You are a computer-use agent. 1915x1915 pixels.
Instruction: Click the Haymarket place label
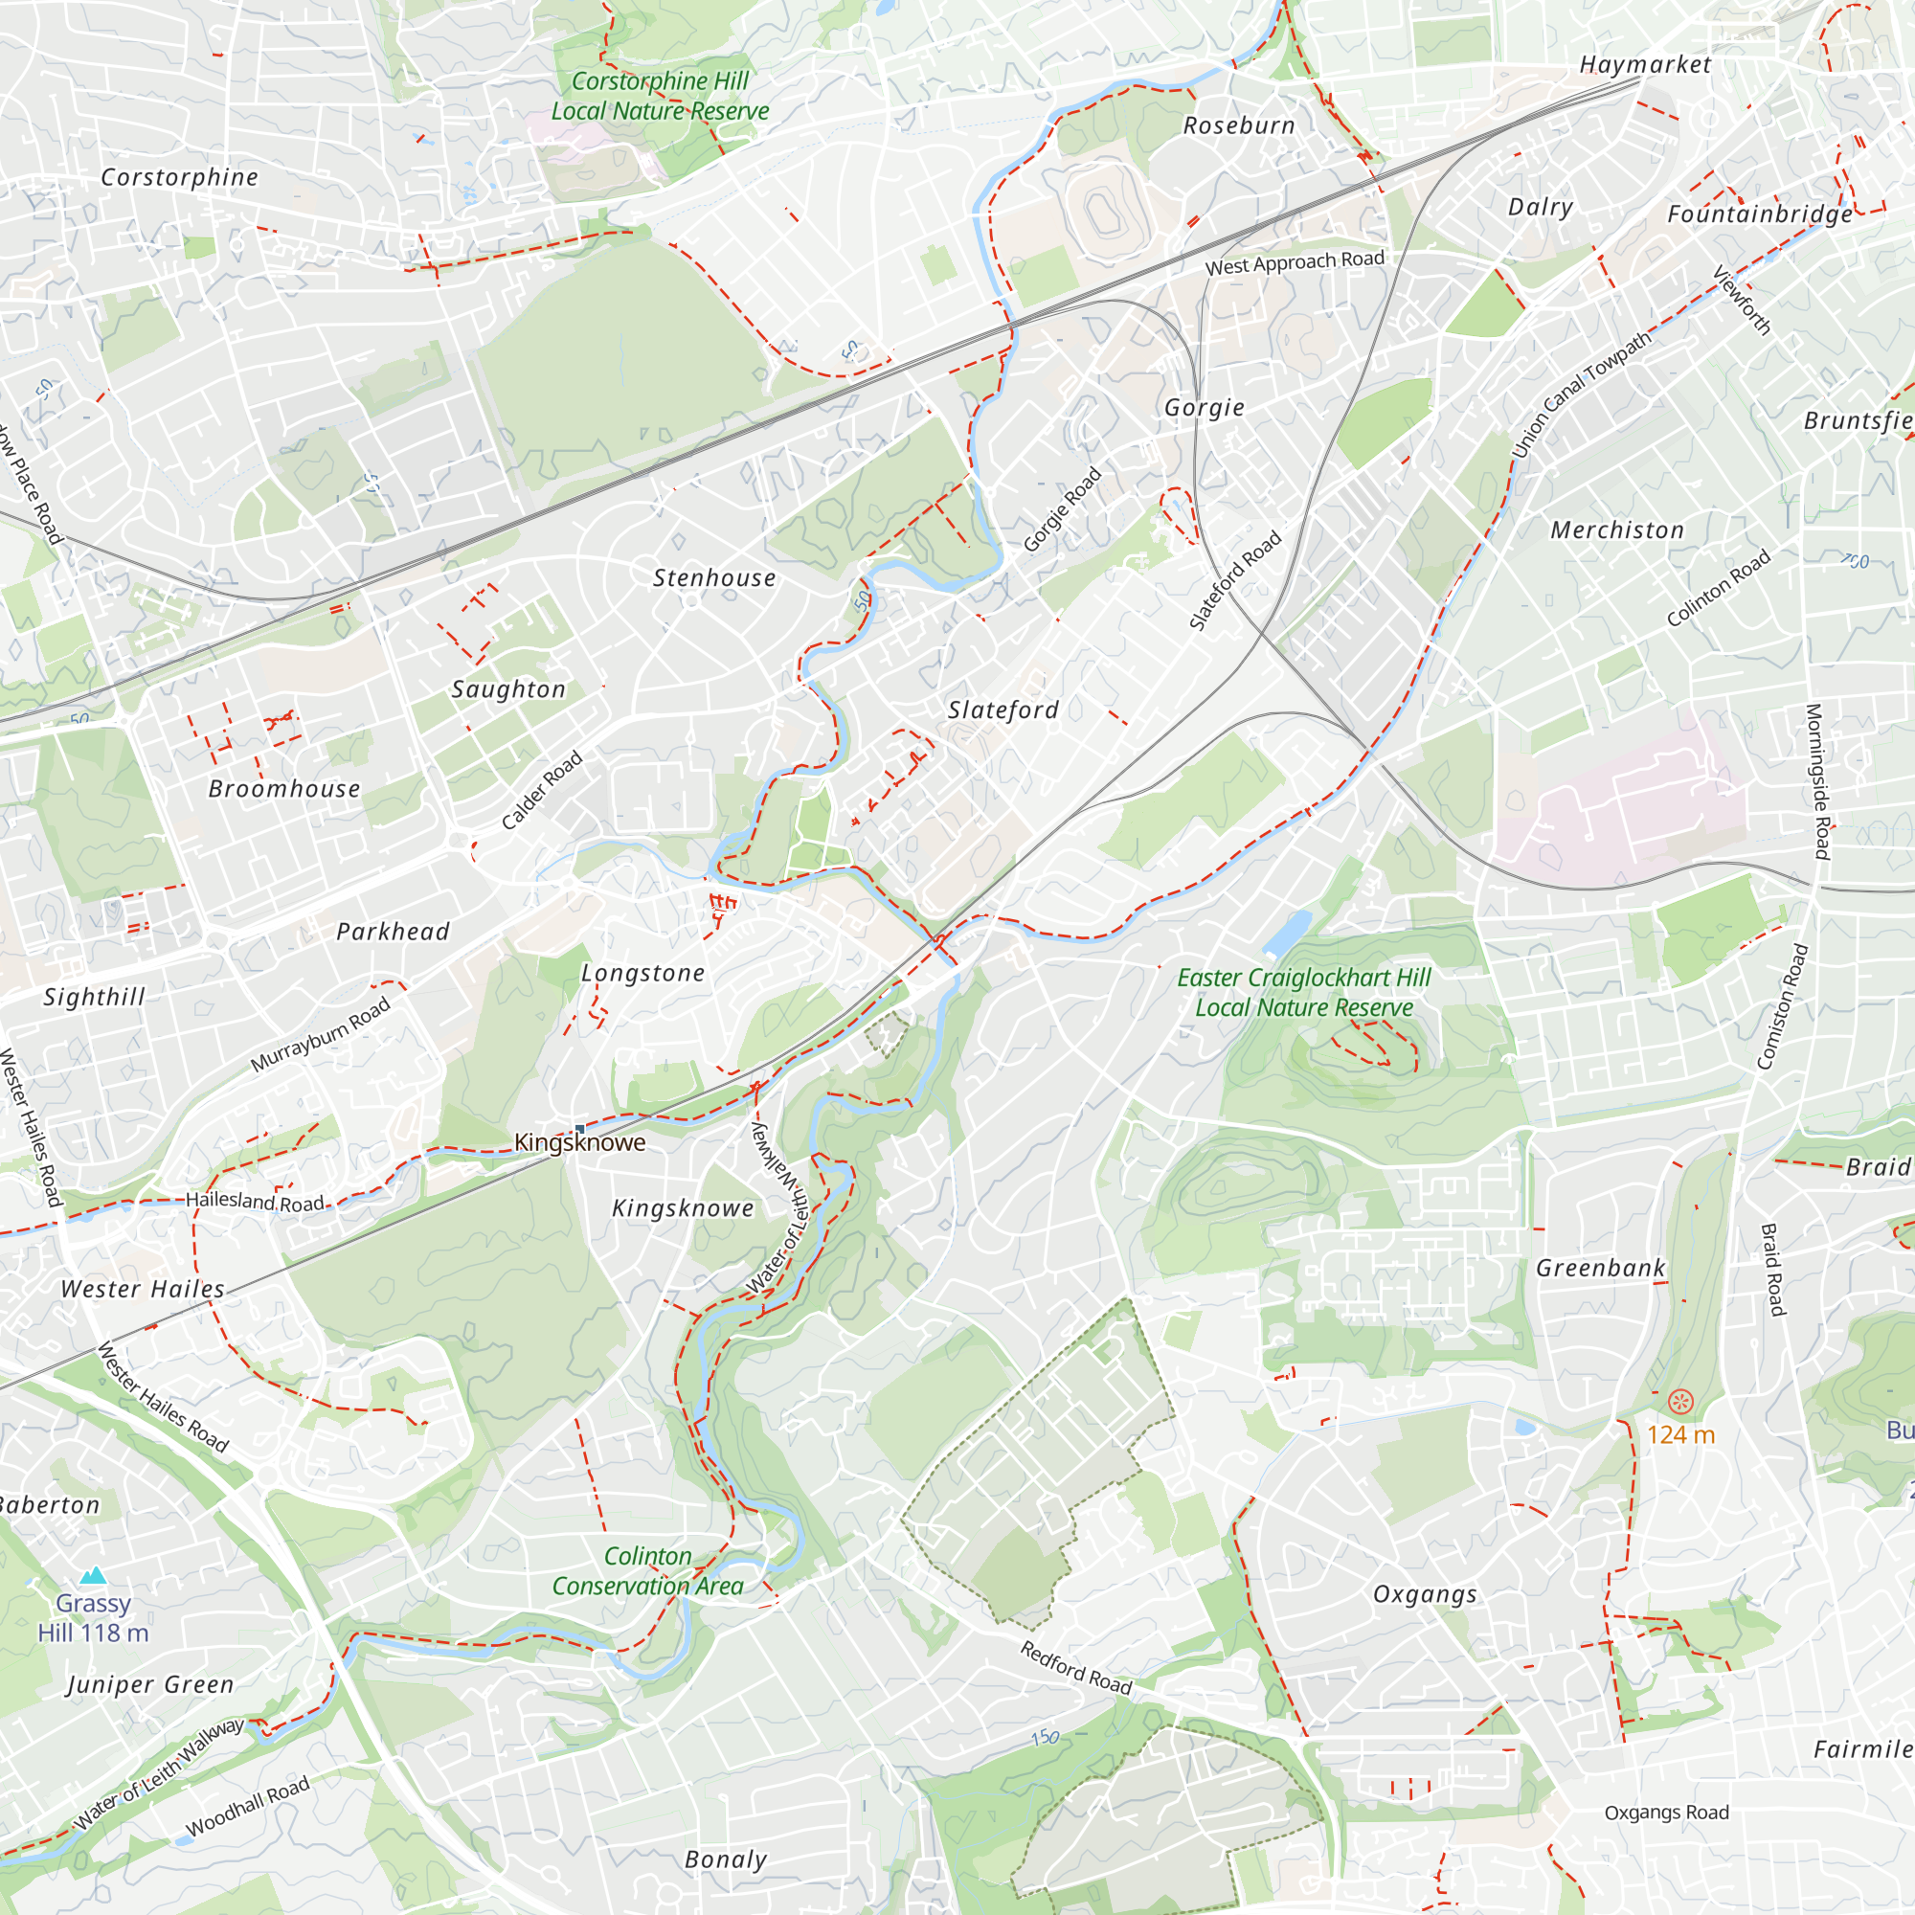(x=1644, y=65)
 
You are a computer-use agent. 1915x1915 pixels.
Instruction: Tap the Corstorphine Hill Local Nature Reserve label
(x=659, y=96)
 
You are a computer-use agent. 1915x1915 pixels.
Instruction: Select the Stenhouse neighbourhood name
(x=713, y=578)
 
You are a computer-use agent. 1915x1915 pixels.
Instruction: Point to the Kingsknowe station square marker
(x=580, y=1128)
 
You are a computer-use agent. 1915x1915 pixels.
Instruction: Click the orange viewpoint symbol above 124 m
(x=1680, y=1401)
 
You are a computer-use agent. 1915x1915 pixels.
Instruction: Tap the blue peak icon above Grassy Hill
(x=93, y=1575)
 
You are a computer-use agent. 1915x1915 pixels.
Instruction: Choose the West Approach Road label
(x=1295, y=262)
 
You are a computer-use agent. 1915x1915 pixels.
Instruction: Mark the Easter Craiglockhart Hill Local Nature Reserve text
(x=1303, y=992)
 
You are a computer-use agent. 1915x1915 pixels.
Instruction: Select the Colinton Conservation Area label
(x=647, y=1571)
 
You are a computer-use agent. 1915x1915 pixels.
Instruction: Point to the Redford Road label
(x=1075, y=1667)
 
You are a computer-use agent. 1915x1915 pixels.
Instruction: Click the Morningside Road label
(x=1817, y=781)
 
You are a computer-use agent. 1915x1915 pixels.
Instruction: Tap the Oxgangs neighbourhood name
(x=1425, y=1595)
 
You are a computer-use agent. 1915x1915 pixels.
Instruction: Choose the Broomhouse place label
(x=284, y=789)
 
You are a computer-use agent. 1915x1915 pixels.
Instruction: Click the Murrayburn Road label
(x=320, y=1035)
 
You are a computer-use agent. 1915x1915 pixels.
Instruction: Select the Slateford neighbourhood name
(x=1003, y=710)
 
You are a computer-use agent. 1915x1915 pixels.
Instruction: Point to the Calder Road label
(x=541, y=790)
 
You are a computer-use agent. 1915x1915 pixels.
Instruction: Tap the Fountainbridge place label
(x=1759, y=214)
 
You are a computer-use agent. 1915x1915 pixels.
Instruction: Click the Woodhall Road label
(x=248, y=1806)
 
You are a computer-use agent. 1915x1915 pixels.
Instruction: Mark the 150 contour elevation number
(x=1045, y=1738)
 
